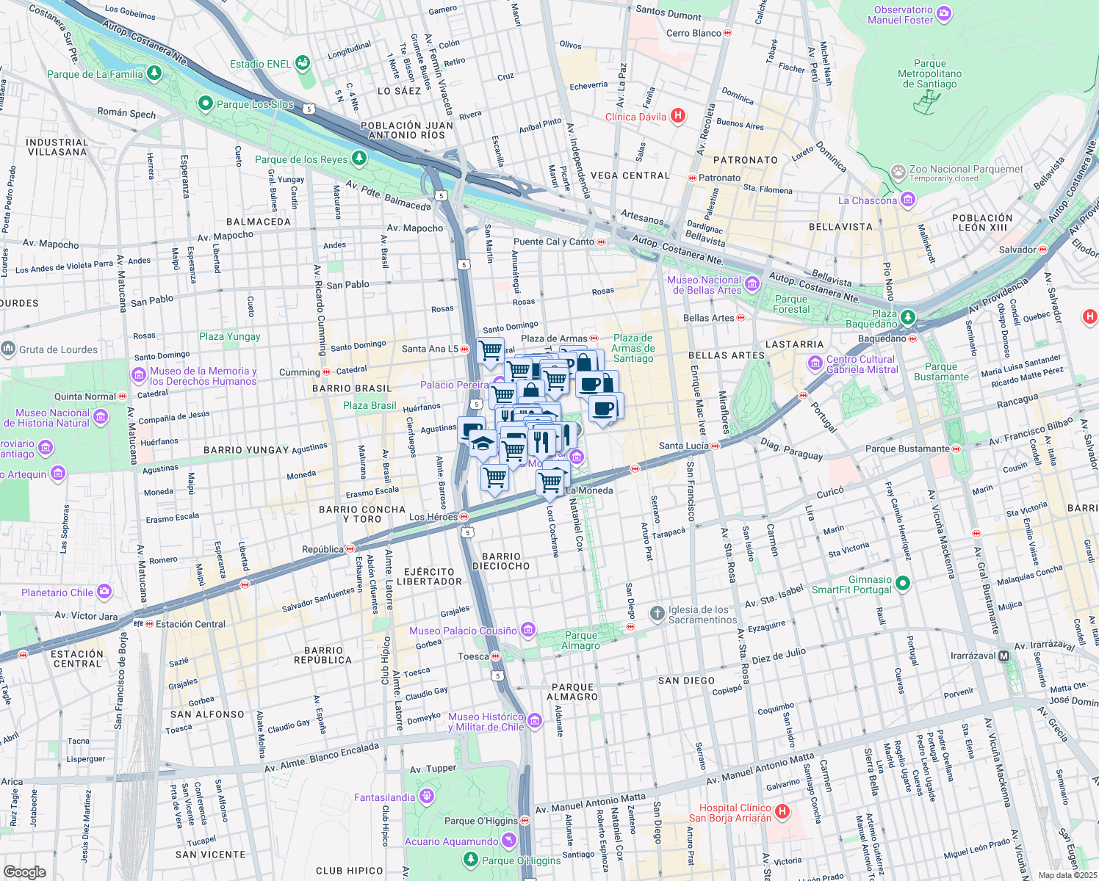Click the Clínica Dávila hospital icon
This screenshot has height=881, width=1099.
[x=678, y=116]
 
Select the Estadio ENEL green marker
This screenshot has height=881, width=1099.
[x=302, y=64]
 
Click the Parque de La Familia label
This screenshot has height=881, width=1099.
[x=95, y=74]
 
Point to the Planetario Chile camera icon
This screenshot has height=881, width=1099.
[x=104, y=592]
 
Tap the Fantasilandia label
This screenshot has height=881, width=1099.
[x=384, y=797]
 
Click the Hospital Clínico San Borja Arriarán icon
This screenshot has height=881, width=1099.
[x=782, y=812]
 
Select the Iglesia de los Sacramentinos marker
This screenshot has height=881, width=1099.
[x=657, y=613]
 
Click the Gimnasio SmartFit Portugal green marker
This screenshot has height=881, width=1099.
[x=903, y=584]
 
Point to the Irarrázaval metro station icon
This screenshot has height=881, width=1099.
[x=1004, y=656]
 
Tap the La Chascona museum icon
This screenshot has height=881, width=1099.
[x=908, y=200]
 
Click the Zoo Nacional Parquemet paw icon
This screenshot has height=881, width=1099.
[x=898, y=173]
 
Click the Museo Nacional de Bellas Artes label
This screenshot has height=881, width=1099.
[x=704, y=285]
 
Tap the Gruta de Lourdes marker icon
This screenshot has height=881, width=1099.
[x=8, y=349]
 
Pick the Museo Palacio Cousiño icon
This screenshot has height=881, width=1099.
[x=527, y=629]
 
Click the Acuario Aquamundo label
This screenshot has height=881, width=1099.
[x=451, y=841]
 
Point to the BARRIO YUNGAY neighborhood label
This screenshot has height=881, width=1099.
[x=246, y=450]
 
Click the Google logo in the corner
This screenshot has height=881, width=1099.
[x=25, y=871]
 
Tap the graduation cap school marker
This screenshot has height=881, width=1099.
[x=483, y=443]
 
